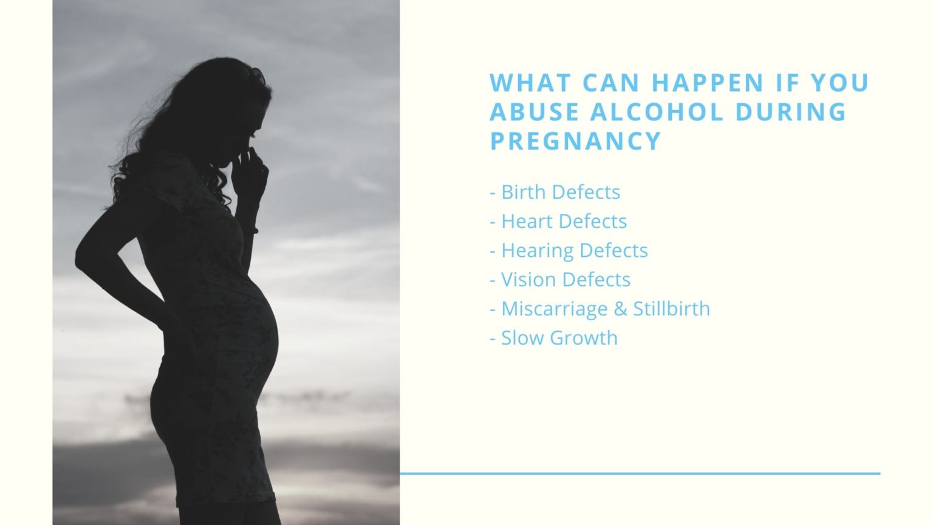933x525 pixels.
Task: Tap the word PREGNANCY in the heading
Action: point(575,141)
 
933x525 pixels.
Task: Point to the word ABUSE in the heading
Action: point(535,112)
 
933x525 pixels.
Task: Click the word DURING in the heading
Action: point(791,112)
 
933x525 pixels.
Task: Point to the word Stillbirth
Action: point(671,309)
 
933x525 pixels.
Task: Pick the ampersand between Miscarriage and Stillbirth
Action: point(620,309)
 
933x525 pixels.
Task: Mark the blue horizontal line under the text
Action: point(640,473)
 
